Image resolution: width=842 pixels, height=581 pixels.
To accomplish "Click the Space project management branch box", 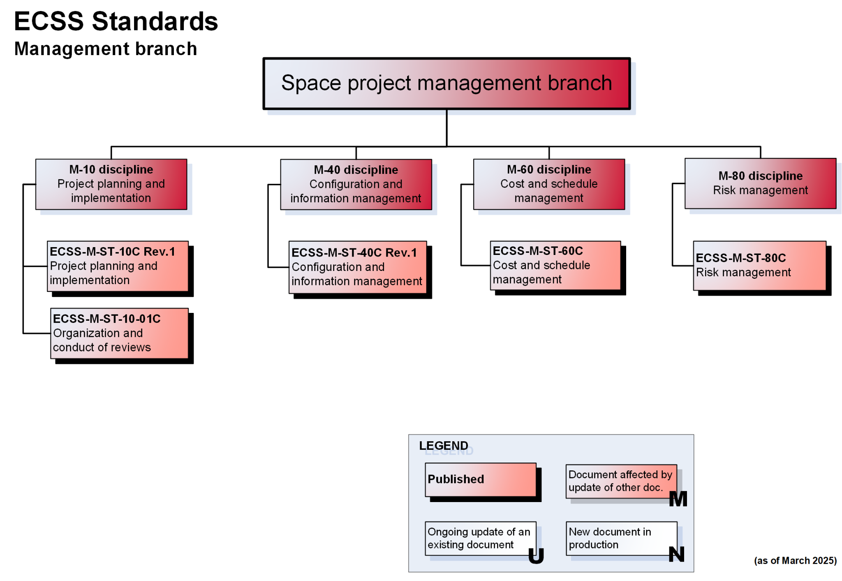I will (x=446, y=83).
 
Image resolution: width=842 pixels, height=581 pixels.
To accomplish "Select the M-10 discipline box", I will (x=111, y=184).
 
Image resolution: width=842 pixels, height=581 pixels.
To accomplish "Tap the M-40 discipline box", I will (x=356, y=185).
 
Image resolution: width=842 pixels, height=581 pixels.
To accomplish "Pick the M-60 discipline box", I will (x=548, y=184).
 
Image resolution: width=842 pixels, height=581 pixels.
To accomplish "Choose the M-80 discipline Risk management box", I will (x=760, y=183).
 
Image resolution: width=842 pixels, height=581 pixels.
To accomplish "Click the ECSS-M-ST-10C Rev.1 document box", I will (x=118, y=266).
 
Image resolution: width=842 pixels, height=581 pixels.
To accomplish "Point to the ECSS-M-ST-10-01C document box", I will (x=119, y=333).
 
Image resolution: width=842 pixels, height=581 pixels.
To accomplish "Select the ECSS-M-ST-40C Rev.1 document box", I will (x=357, y=267).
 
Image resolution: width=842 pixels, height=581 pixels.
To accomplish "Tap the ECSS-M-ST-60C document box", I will (x=555, y=265).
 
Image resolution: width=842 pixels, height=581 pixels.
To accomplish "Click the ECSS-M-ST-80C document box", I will (x=759, y=266).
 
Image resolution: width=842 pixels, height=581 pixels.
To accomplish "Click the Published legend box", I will (x=480, y=479).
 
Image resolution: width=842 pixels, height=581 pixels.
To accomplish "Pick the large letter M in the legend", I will (x=678, y=499).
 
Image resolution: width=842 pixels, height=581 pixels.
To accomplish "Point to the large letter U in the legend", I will (x=536, y=556).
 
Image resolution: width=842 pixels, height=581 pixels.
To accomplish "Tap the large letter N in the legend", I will (x=676, y=554).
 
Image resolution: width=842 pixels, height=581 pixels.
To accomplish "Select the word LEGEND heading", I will (x=443, y=446).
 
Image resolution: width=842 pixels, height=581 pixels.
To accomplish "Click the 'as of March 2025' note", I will (x=795, y=560).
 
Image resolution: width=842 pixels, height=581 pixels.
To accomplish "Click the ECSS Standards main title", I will (x=116, y=21).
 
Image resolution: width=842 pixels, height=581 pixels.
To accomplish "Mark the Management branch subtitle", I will (x=106, y=49).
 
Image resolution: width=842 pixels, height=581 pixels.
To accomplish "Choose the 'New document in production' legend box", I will (x=621, y=538).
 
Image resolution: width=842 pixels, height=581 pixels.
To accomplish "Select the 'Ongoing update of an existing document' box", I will (x=480, y=538).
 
